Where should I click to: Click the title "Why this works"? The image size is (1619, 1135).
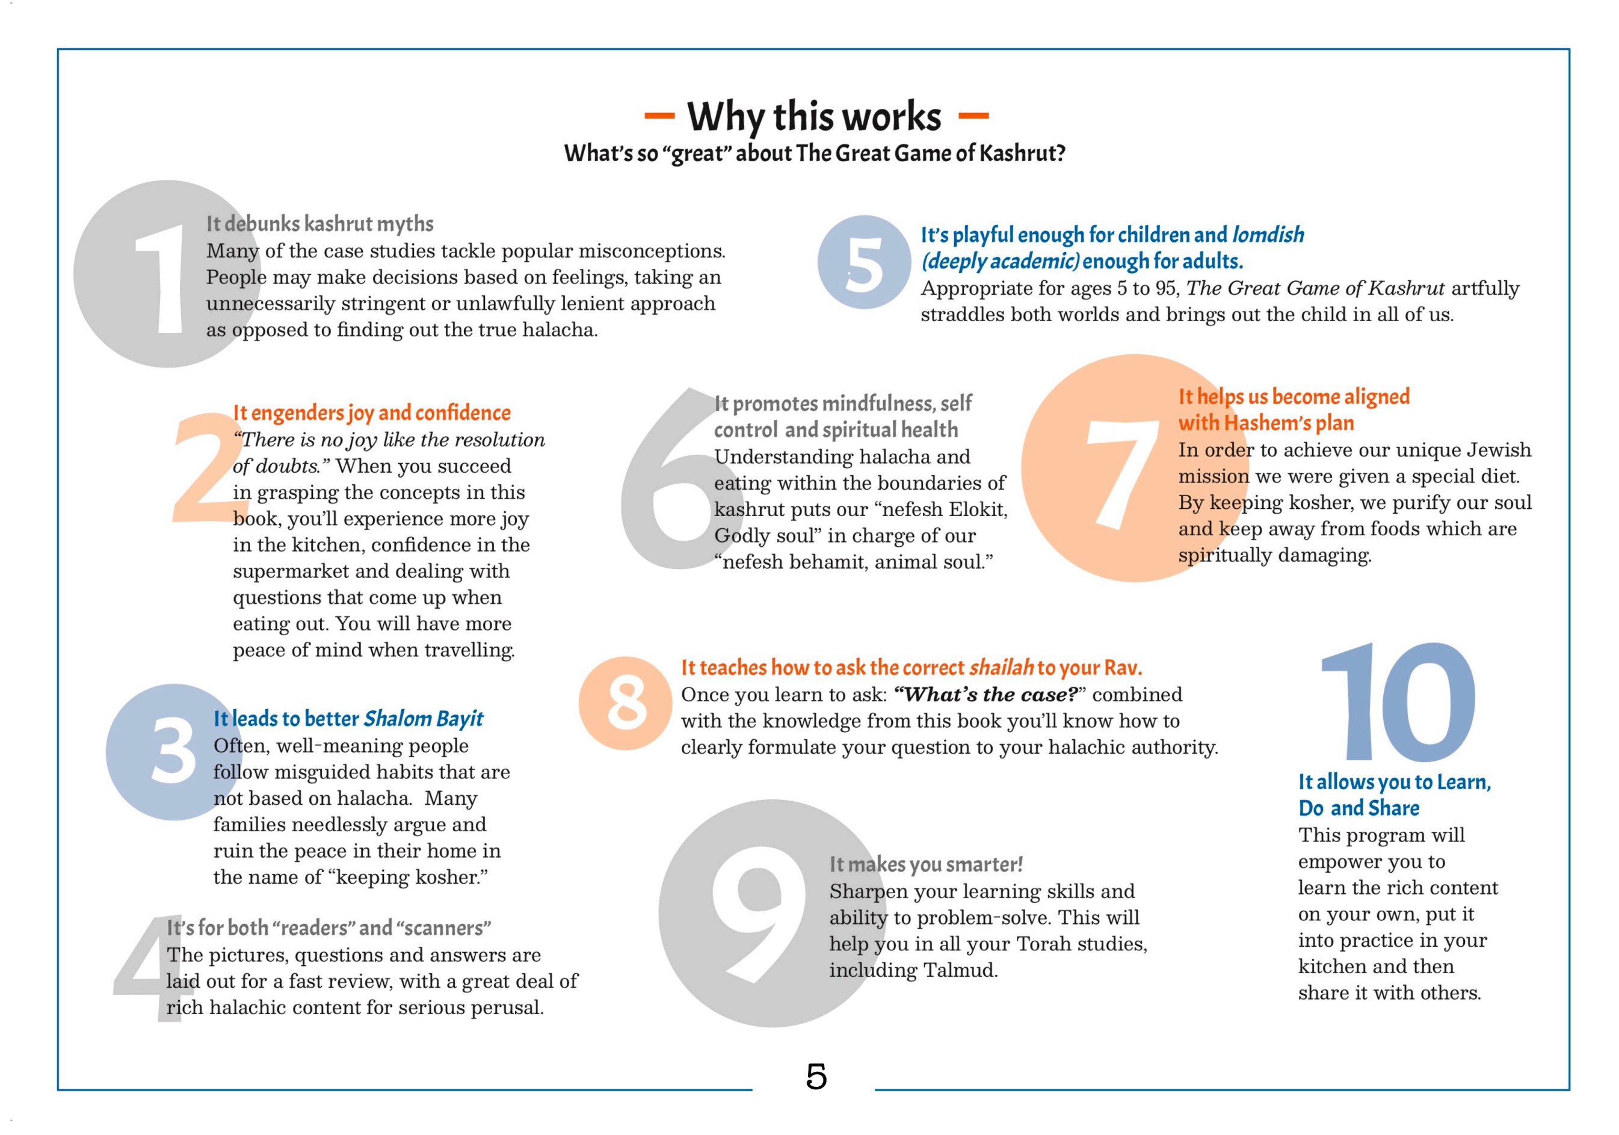(814, 116)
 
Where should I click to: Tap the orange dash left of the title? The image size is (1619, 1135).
(659, 115)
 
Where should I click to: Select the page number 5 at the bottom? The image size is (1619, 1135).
(816, 1077)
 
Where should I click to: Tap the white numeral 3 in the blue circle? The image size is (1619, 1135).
(173, 751)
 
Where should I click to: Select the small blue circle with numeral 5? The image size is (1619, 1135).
(864, 263)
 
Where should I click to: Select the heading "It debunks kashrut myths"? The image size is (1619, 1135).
(319, 224)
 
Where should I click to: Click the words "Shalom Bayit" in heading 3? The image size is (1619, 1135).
(423, 719)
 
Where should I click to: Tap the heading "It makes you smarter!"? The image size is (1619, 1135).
(925, 864)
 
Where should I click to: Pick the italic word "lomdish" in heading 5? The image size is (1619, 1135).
(1268, 235)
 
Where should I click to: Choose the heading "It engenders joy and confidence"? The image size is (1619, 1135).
(372, 413)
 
